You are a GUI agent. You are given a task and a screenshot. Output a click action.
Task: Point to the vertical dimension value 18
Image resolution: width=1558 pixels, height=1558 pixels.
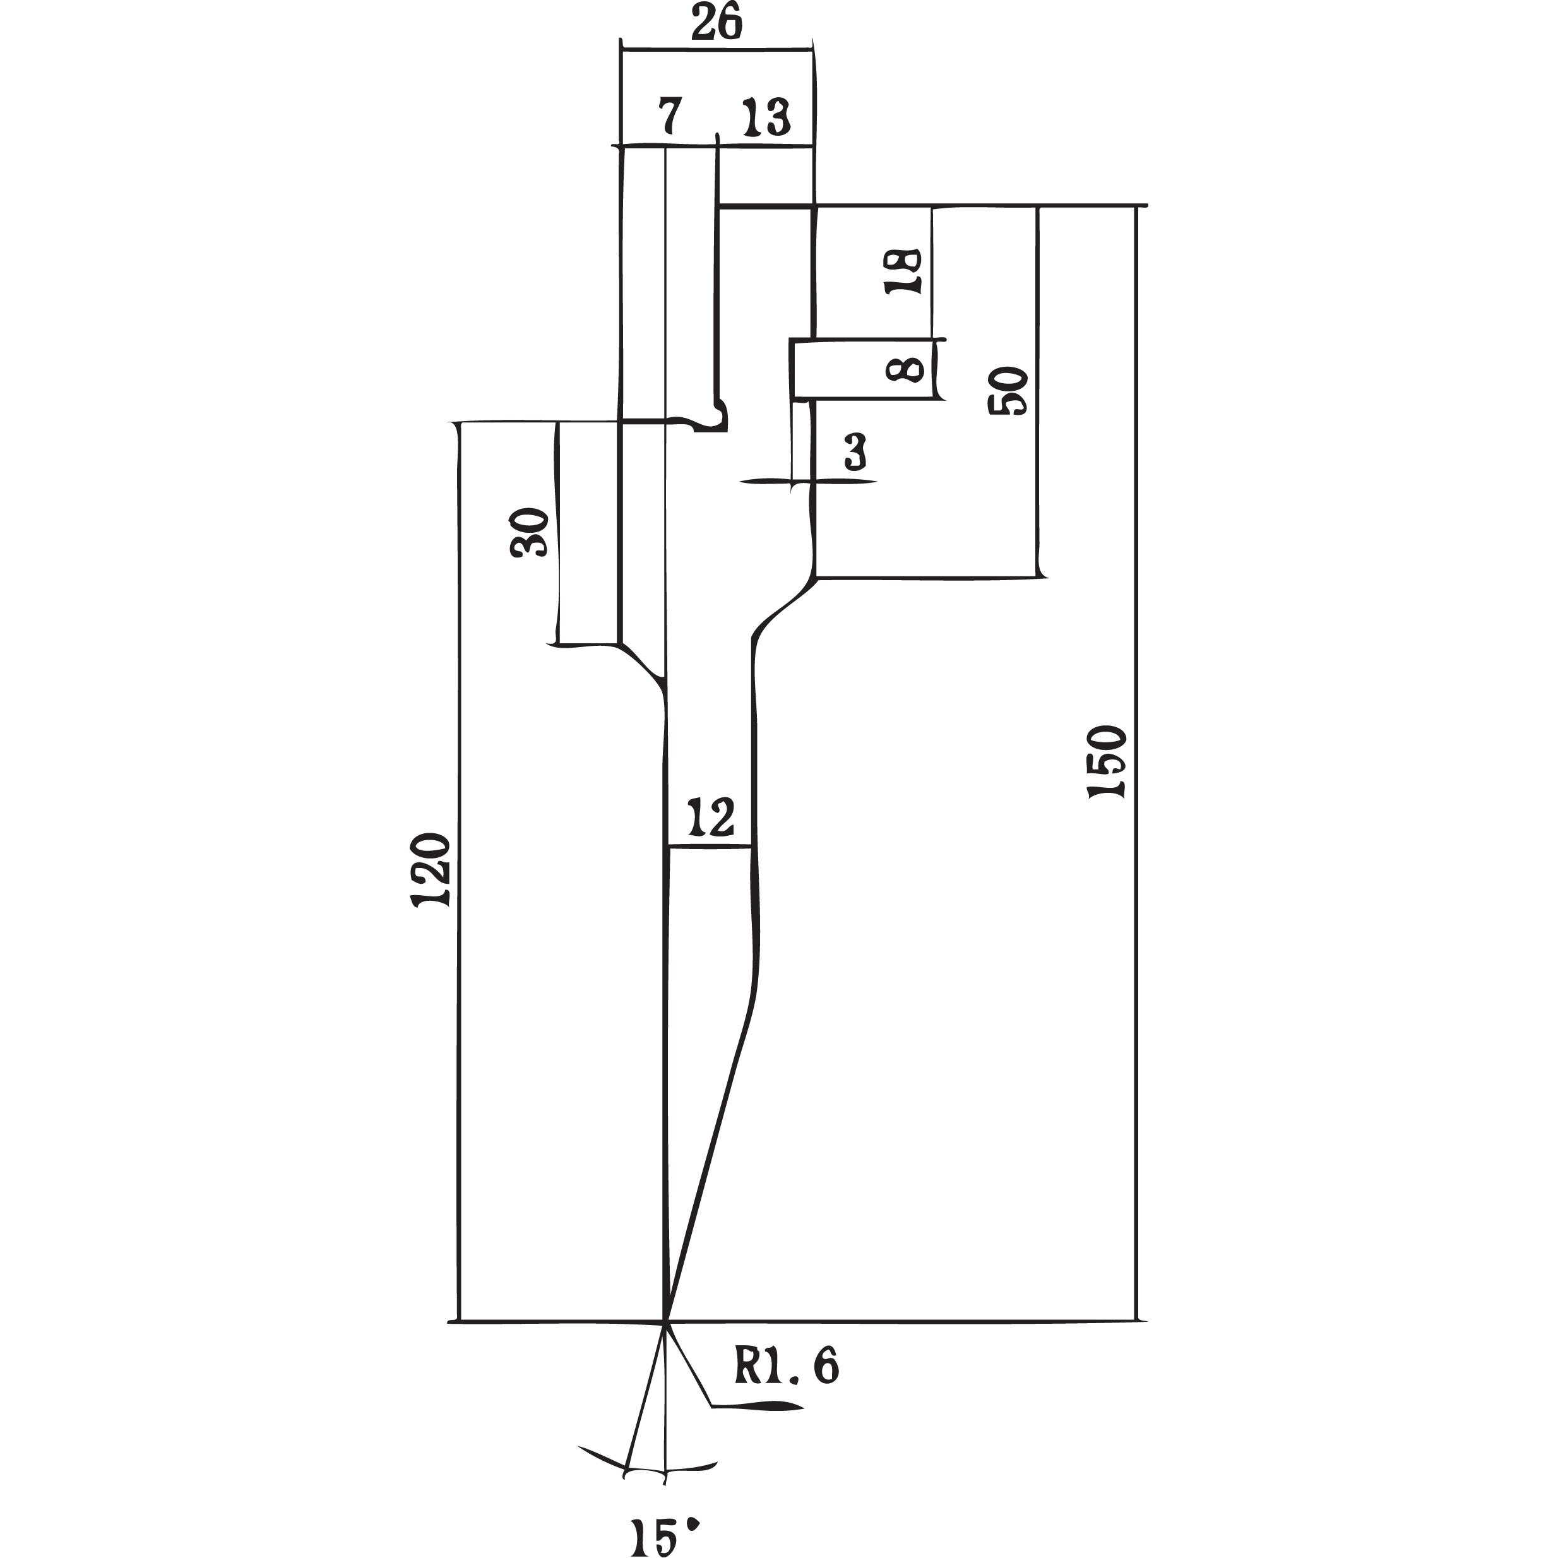(903, 271)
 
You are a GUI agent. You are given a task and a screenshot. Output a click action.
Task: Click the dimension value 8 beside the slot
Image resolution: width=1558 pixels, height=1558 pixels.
(904, 370)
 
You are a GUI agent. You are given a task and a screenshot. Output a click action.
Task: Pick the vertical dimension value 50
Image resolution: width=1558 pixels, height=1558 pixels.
(1008, 391)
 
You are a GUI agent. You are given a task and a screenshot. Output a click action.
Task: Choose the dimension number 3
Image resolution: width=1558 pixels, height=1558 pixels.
(855, 453)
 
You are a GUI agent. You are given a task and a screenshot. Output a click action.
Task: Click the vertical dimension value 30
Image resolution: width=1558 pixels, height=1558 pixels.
(529, 532)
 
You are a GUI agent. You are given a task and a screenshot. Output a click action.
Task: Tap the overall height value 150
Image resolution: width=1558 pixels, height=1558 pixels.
(1107, 762)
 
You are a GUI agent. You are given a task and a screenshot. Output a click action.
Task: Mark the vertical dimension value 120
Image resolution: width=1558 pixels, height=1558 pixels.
(431, 872)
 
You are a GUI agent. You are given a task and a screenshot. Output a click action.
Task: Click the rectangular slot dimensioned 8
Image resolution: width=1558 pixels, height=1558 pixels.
(864, 369)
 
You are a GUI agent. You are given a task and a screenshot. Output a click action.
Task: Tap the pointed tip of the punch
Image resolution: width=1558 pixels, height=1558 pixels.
(665, 1323)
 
